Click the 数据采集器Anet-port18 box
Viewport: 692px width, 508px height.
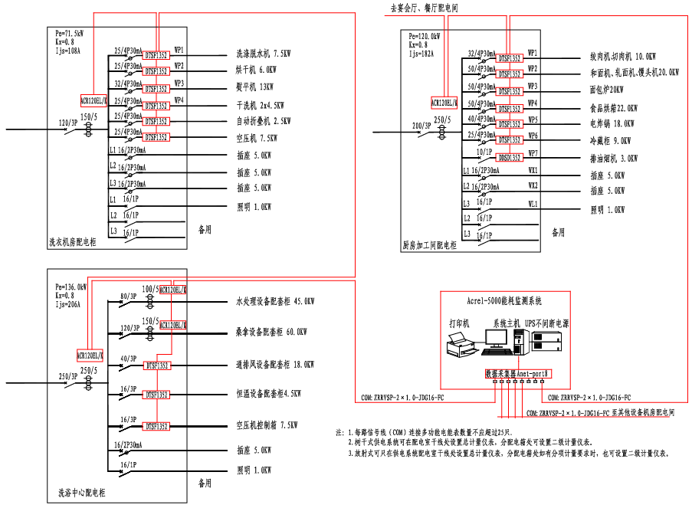517,374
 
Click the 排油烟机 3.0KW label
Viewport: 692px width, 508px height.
613,159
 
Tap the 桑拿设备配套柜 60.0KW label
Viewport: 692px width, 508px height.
272,332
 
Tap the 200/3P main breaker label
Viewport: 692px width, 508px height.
421,124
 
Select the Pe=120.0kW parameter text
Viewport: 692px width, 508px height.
424,36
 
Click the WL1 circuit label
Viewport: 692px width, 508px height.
533,204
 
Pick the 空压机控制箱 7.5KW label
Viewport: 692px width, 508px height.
267,424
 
